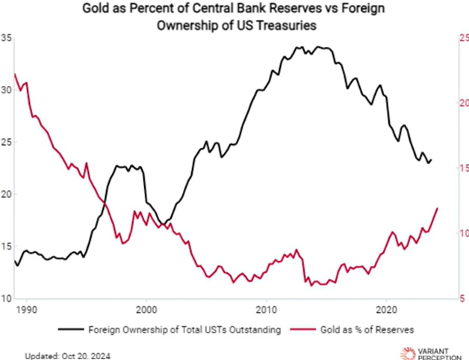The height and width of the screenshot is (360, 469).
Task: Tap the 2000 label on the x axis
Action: click(146, 307)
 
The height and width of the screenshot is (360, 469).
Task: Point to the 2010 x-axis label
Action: click(267, 307)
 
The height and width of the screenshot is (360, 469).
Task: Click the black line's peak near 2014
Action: click(321, 47)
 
